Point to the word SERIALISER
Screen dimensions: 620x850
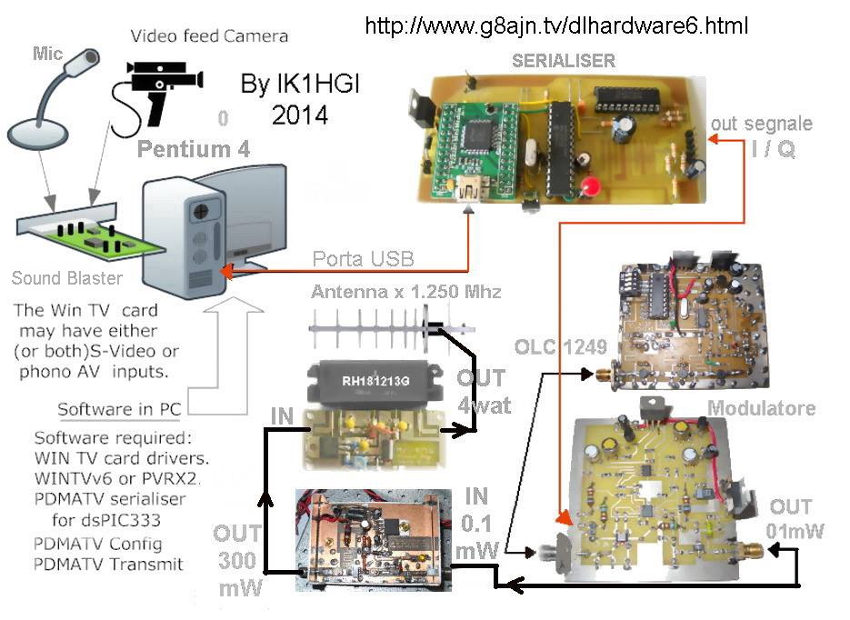tap(564, 61)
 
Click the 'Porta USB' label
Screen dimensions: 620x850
tap(363, 259)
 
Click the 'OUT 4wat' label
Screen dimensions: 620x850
tap(481, 390)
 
